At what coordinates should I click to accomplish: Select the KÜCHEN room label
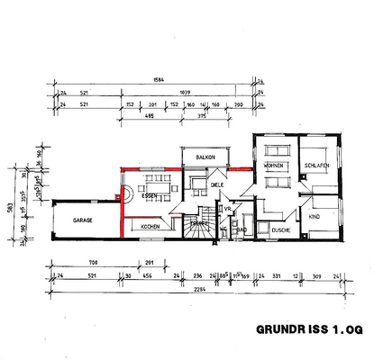tap(151, 228)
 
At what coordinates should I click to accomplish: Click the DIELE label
tap(217, 186)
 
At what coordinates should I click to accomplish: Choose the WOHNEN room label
tap(274, 167)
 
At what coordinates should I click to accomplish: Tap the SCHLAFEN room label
tap(315, 166)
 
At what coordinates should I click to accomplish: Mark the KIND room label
tap(315, 218)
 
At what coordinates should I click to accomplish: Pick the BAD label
tap(242, 229)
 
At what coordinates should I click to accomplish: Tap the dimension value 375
tap(204, 114)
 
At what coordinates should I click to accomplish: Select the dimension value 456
tap(147, 275)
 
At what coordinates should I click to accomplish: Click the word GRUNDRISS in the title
tap(286, 328)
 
